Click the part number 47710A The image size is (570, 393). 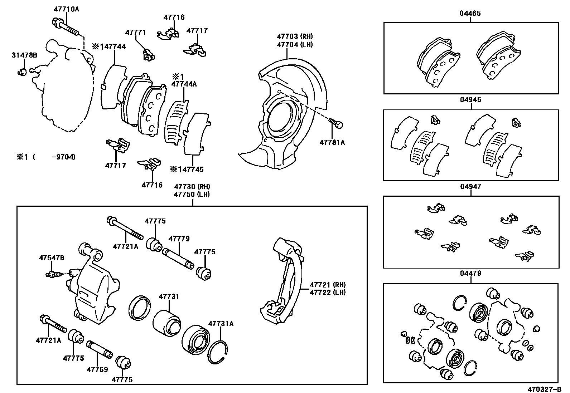pos(66,9)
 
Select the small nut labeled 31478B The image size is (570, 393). pos(22,72)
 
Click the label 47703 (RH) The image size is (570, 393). pos(295,36)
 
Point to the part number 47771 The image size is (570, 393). pos(135,32)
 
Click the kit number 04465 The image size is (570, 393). pos(470,14)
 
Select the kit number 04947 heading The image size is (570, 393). pos(470,187)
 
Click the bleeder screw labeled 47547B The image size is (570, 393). pos(52,274)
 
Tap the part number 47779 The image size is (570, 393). pos(179,239)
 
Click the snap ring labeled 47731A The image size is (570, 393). pos(218,352)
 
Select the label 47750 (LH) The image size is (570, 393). pos(192,194)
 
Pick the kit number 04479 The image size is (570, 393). pos(470,274)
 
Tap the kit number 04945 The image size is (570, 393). pos(470,100)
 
